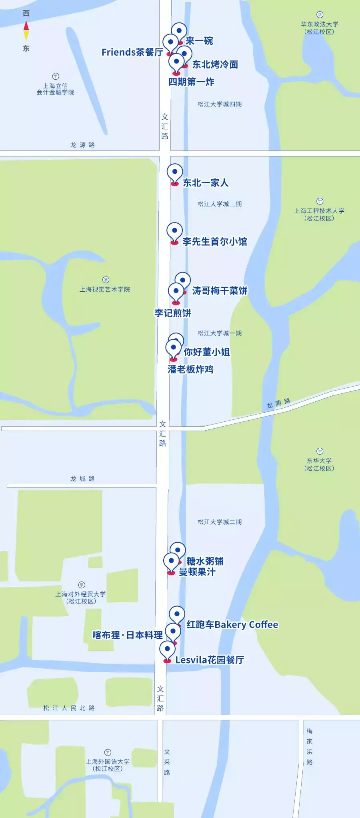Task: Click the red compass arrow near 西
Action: click(x=26, y=26)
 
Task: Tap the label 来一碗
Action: click(x=199, y=41)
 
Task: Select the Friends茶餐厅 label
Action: click(x=132, y=52)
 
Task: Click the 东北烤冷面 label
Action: click(x=215, y=64)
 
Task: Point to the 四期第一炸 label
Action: click(x=191, y=82)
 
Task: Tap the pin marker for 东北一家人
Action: click(x=174, y=174)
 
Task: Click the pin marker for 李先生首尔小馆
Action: click(x=174, y=232)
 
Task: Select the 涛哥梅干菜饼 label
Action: click(x=220, y=291)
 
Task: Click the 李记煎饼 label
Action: click(x=172, y=313)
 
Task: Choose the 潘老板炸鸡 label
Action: click(x=190, y=369)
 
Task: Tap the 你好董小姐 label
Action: click(x=207, y=352)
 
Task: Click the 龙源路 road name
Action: click(x=82, y=145)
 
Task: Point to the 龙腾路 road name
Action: click(x=278, y=403)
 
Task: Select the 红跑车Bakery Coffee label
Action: click(x=232, y=625)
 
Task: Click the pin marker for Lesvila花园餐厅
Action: click(x=167, y=650)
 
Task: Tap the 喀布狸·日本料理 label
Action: click(x=127, y=635)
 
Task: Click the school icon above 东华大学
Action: click(x=320, y=451)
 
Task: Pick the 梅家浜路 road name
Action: click(x=310, y=747)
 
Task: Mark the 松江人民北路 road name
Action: click(x=69, y=708)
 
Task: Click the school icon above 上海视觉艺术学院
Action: click(x=106, y=280)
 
